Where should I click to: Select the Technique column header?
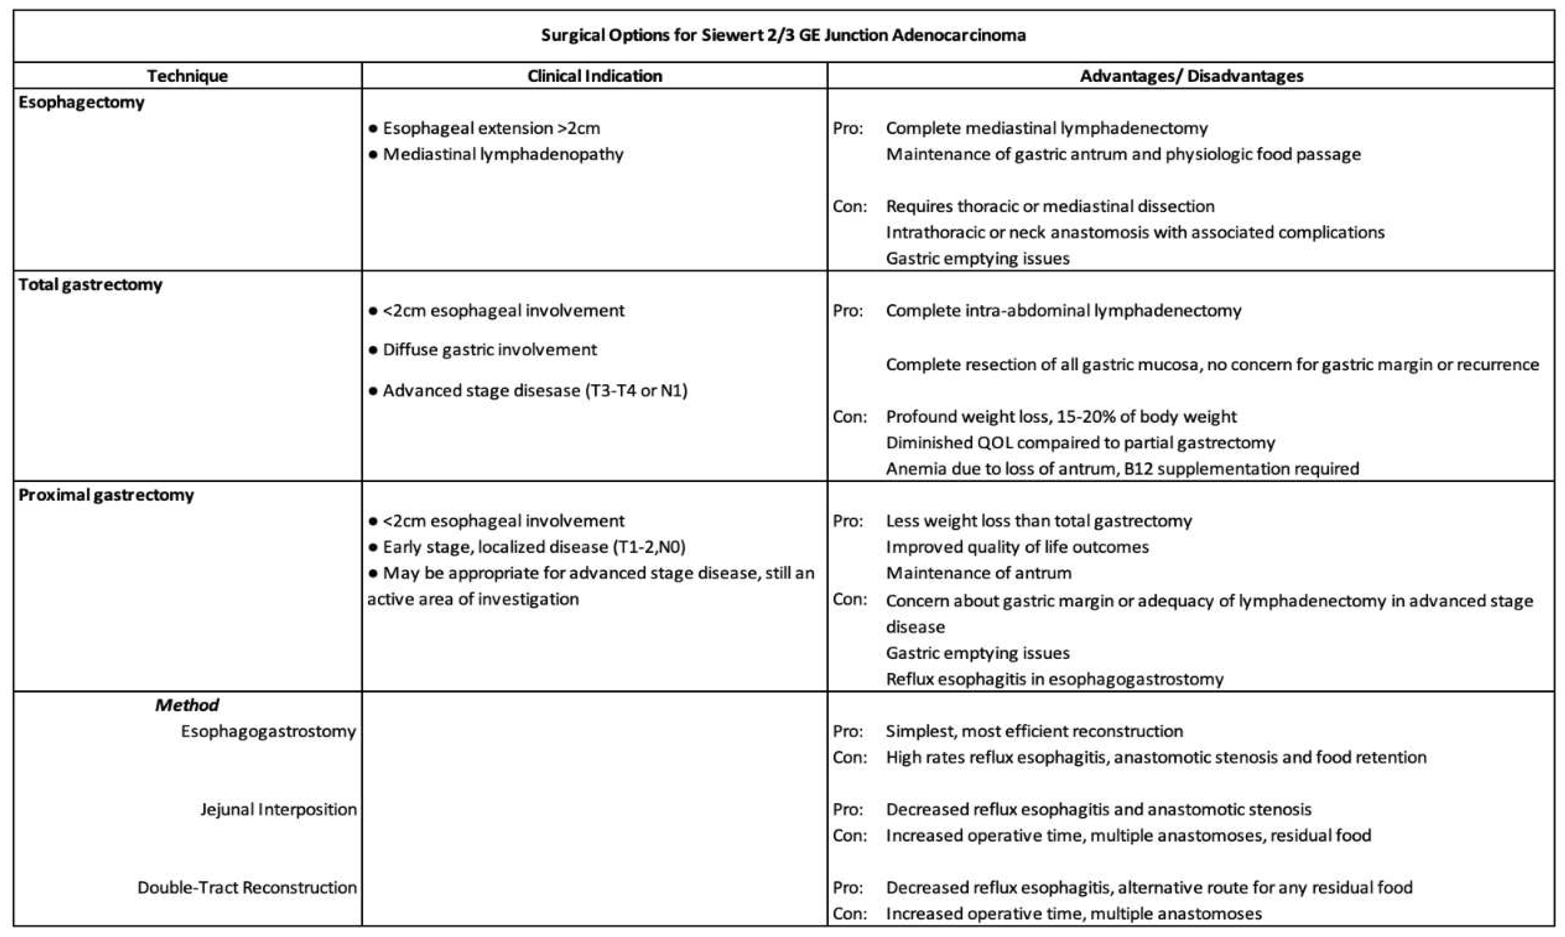tap(187, 76)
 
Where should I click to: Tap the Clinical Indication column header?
tap(594, 76)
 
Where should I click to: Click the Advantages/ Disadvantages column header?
tap(1191, 76)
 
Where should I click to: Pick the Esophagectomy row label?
tap(81, 102)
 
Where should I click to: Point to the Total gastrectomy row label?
tap(90, 285)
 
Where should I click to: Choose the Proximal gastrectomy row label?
tap(106, 495)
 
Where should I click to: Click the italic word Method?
tap(187, 705)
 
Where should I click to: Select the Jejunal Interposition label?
tap(278, 809)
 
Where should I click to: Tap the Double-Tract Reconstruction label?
tap(247, 888)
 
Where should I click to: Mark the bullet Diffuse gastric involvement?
tap(489, 350)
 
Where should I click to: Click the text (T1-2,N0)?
tap(649, 547)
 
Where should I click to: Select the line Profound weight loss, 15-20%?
tap(1061, 417)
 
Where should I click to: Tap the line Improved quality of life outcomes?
tap(1017, 547)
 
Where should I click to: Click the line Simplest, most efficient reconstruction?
tap(1034, 731)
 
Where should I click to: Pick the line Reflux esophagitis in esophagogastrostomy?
tap(1054, 679)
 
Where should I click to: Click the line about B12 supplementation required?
tap(1122, 469)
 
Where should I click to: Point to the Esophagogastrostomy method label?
tap(268, 731)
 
